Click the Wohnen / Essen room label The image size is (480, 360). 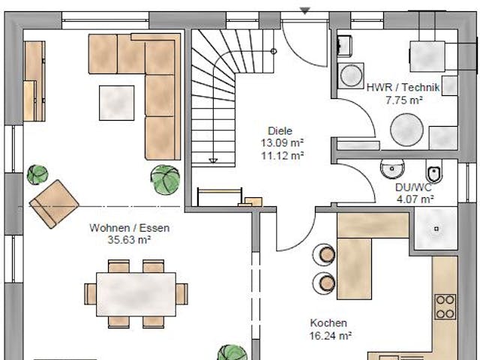(130, 228)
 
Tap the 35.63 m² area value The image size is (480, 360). (129, 240)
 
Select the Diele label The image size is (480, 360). (280, 131)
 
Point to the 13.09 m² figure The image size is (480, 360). (282, 143)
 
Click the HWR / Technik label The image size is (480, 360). (403, 88)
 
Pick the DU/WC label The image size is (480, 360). (413, 187)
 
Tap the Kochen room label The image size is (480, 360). (328, 323)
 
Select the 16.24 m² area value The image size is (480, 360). (330, 336)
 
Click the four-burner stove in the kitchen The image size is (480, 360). (445, 307)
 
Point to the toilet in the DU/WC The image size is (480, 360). (434, 173)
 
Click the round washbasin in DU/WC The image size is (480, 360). (392, 169)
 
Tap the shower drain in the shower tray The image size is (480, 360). (436, 229)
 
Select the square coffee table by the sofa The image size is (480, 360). (117, 103)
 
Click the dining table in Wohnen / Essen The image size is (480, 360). (136, 294)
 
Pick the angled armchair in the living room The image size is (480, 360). (54, 204)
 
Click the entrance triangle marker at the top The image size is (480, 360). (305, 11)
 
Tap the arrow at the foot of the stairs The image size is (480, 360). (213, 160)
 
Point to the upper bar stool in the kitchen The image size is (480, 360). (325, 255)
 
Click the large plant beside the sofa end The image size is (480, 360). (165, 180)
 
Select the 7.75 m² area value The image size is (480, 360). (404, 100)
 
